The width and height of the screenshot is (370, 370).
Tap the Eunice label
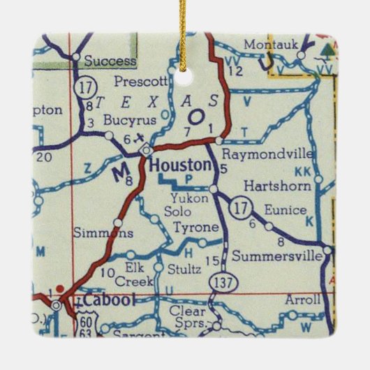(286, 209)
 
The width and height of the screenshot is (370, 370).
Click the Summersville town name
(277, 256)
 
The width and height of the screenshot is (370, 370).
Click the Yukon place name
(179, 197)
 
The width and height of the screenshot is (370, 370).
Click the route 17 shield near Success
(86, 89)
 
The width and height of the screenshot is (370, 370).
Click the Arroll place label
(302, 300)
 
